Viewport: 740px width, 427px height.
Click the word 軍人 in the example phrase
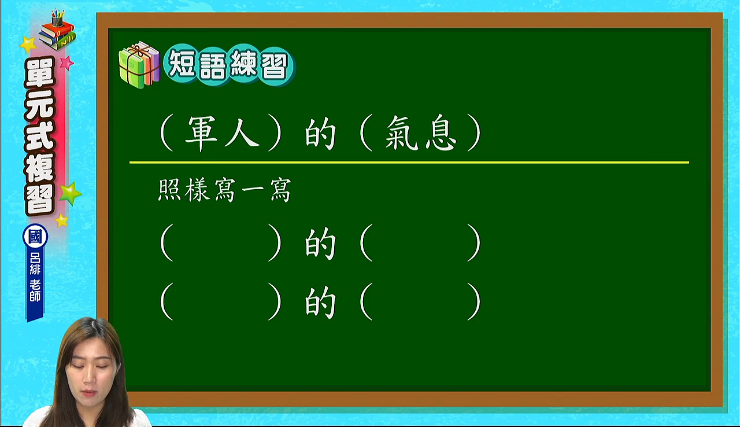coord(222,133)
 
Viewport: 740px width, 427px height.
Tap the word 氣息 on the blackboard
coord(420,133)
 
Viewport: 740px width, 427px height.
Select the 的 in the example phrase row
coord(320,133)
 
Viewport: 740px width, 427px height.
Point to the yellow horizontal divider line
coord(409,163)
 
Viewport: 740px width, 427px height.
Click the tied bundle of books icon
coord(139,65)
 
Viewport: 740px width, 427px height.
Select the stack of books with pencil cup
coord(57,31)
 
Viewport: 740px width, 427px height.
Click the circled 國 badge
coord(35,237)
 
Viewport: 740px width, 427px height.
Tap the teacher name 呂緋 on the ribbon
coord(35,264)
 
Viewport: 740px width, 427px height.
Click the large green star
coord(70,193)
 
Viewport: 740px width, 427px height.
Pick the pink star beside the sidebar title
coord(66,62)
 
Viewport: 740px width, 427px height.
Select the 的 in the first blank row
coord(320,244)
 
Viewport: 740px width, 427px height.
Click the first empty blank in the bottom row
coord(221,301)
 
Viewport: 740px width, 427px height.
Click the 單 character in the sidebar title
coord(40,73)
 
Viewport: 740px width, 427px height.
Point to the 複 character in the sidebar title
coord(40,168)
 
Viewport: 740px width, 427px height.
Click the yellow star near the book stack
coord(28,45)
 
